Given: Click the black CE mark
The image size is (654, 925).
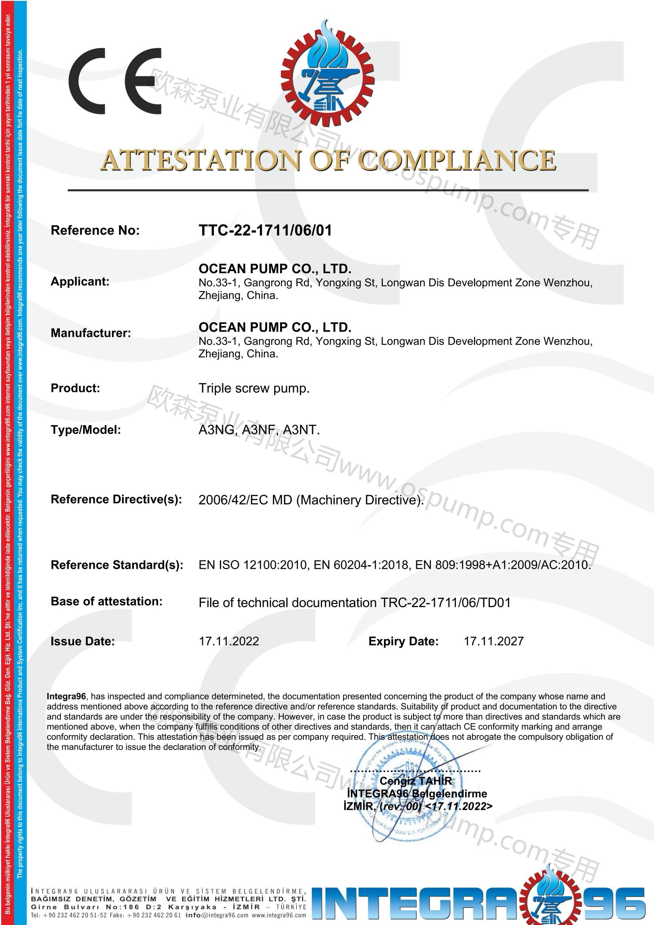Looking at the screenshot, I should (x=115, y=81).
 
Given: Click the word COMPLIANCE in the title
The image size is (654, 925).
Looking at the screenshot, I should (x=457, y=160).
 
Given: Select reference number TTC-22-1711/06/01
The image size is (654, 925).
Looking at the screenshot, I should (x=265, y=230).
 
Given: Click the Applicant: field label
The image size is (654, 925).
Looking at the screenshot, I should (x=80, y=281).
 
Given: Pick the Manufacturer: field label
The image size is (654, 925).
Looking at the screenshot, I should (x=91, y=333).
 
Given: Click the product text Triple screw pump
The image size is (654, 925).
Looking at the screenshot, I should (x=254, y=388).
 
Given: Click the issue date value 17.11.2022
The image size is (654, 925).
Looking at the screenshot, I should (x=229, y=641).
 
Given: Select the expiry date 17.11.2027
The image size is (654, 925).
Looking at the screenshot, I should (x=494, y=641).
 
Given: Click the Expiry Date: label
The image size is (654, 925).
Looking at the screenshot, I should (x=403, y=641).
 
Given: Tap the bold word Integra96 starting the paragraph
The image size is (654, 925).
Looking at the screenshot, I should (x=66, y=696).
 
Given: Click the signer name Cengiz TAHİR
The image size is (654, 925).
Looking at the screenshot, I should (x=415, y=781).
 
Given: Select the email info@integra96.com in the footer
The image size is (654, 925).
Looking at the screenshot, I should (x=217, y=915).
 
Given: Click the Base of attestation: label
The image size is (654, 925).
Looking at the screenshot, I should (x=107, y=601).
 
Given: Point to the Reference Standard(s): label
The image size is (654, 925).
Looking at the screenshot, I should (x=117, y=565).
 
